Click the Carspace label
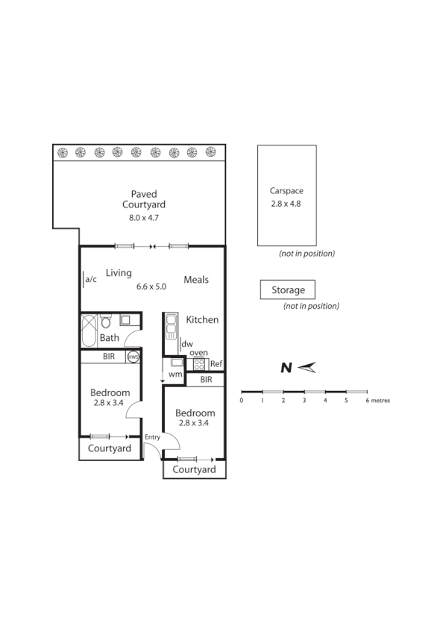coord(286,191)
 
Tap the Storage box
coord(287,289)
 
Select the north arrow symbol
coord(298,367)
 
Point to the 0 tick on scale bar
coord(241,400)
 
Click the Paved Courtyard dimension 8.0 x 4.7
coord(144,218)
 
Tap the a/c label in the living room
coord(92,280)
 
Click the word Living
coord(119,273)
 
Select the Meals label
coord(196,281)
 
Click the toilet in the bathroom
coord(106,322)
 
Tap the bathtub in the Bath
coord(89,330)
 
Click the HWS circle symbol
coord(133,357)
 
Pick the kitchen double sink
coord(171,325)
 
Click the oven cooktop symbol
coord(199,364)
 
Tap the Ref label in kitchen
coord(216,364)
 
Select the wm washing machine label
coord(175,374)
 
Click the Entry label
coord(152,436)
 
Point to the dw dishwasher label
coord(187,344)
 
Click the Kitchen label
coord(202,319)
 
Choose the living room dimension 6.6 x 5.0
coord(151,287)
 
